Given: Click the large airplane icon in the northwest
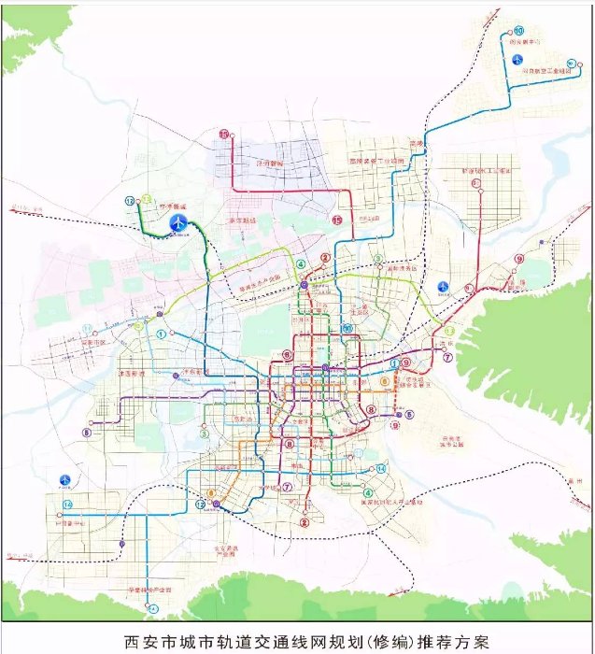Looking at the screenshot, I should tap(178, 222).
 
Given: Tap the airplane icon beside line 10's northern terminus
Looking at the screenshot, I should tap(517, 60).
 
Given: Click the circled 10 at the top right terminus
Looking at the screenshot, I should tap(518, 31).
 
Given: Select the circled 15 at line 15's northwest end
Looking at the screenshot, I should tap(224, 135).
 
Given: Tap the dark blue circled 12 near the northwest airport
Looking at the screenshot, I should tap(130, 201).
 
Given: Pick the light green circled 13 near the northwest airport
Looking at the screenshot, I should tap(147, 199).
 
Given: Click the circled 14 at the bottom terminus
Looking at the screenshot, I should tap(151, 608).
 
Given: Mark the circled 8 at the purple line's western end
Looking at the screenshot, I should tap(87, 433).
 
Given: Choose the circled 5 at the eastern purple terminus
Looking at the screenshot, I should tap(408, 414).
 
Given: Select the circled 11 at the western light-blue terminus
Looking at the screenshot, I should tap(88, 329).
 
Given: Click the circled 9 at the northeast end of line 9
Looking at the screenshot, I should tap(518, 259).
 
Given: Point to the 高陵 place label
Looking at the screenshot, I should tap(415, 144).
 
